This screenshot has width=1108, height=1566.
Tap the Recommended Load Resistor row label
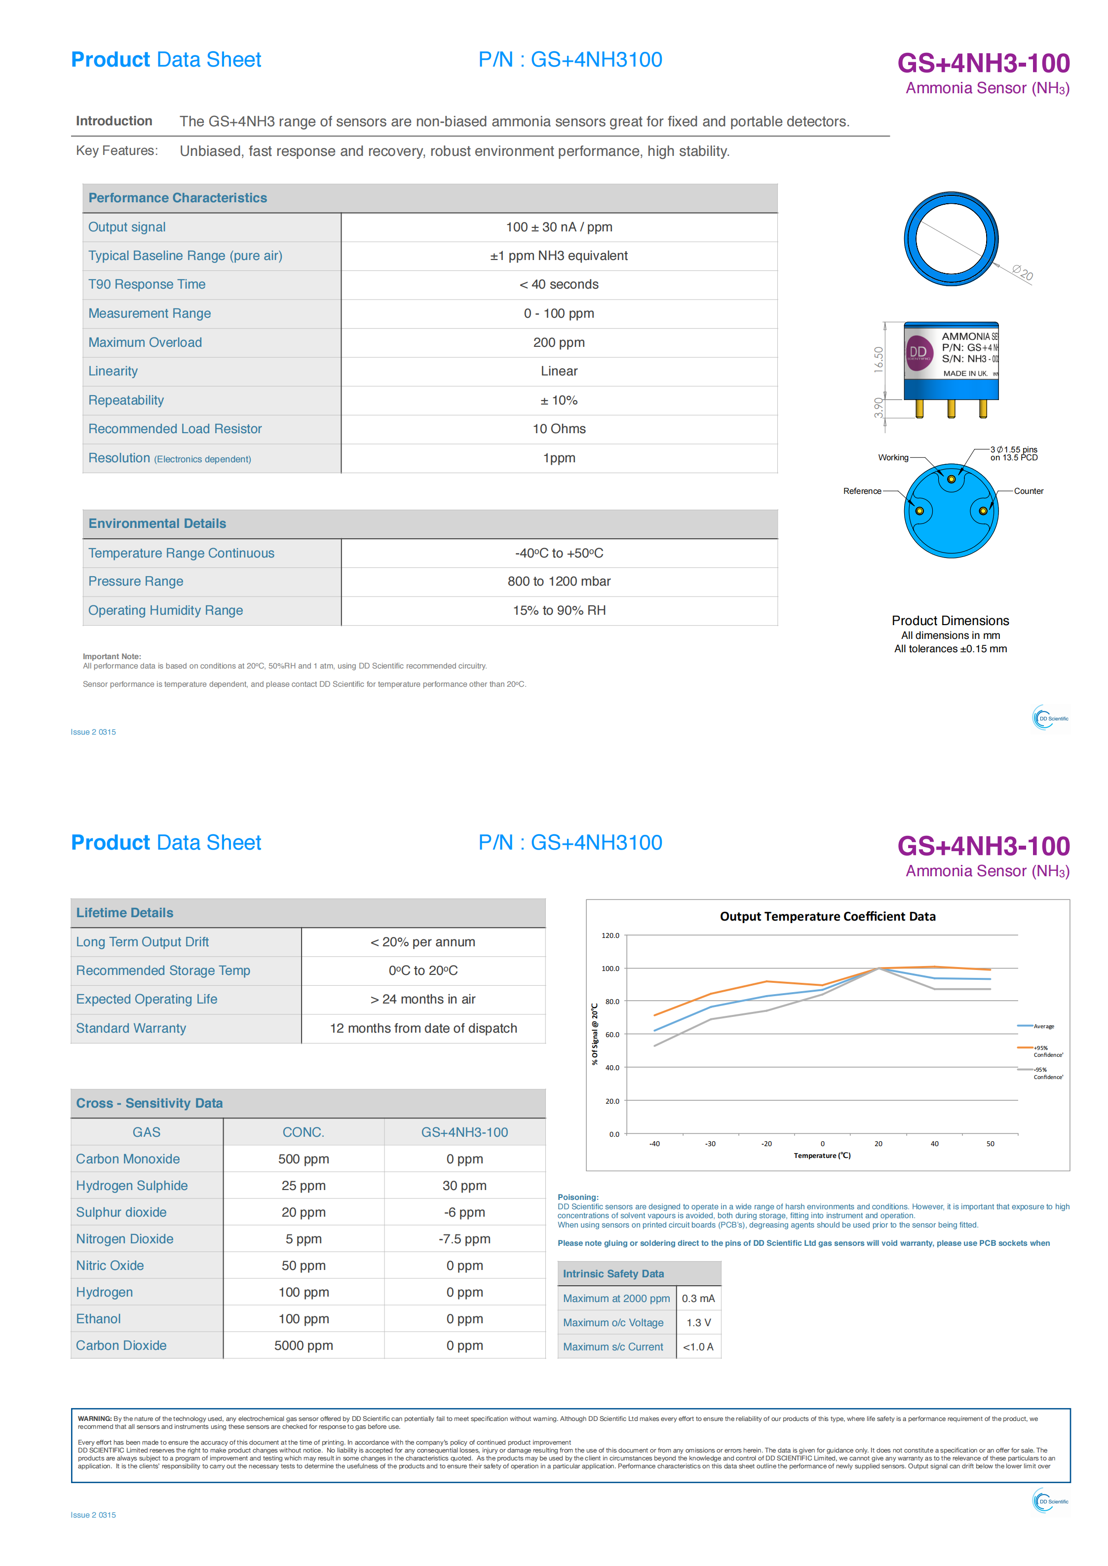tap(175, 429)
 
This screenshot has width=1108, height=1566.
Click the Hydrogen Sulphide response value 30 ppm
tap(464, 1186)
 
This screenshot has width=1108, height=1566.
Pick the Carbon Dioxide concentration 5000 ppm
tap(304, 1345)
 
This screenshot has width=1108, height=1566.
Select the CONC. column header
tap(303, 1132)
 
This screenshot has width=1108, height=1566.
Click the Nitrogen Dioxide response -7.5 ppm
tap(464, 1238)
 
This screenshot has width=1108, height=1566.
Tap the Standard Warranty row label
tap(131, 1028)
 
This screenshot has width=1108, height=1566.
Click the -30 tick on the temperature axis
tap(710, 1144)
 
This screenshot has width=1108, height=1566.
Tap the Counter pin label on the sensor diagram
tap(1028, 491)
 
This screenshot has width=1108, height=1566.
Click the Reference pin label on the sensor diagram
tap(862, 491)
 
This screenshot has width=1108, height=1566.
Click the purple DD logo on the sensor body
tap(918, 353)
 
